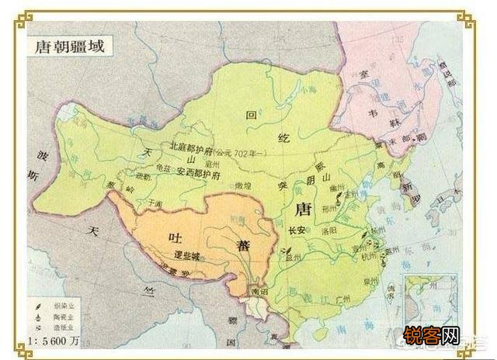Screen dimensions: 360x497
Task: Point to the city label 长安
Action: [296, 230]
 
